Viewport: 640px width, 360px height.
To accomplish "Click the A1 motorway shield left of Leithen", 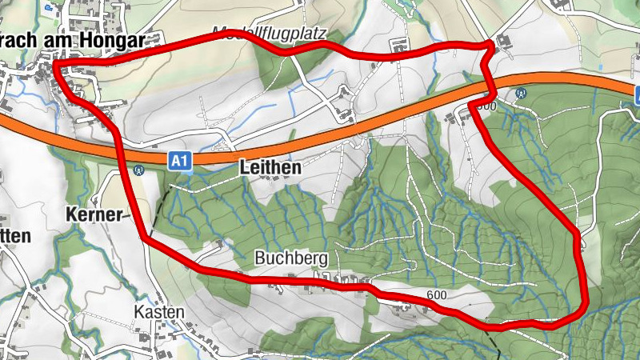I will point(181,161).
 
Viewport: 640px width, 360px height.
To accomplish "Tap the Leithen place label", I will point(270,168).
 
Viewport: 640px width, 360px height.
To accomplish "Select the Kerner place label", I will point(94,214).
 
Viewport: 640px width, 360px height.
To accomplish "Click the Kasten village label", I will point(154,311).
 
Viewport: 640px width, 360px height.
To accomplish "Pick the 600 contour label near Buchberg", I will point(436,295).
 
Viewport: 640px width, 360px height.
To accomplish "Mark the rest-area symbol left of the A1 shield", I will point(138,169).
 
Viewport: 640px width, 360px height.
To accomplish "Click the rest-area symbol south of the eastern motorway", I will point(522,93).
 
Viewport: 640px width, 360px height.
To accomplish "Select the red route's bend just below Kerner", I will point(145,238).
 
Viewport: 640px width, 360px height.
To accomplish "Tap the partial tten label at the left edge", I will point(16,236).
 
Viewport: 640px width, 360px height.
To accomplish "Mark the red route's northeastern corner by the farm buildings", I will point(489,46).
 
